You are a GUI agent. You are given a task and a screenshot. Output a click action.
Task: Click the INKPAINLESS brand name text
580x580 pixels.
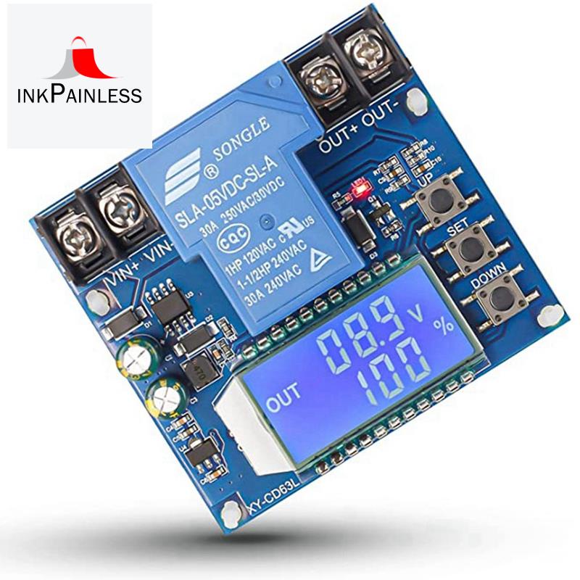pyautogui.click(x=80, y=95)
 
